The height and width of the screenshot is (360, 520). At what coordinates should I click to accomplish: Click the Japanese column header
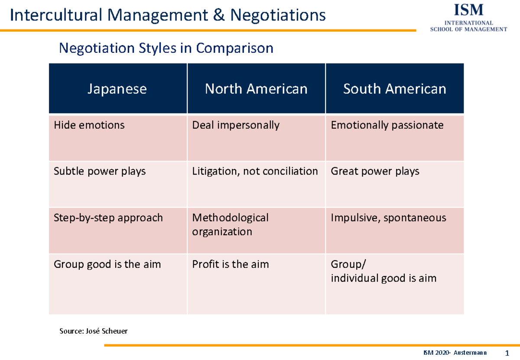pos(117,89)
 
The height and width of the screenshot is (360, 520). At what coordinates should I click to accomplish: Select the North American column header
pos(256,89)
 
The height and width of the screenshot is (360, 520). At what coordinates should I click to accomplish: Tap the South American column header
pos(394,89)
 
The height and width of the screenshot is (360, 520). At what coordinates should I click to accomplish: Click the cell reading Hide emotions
pos(89,125)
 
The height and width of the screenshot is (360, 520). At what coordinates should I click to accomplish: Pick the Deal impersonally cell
pos(236,125)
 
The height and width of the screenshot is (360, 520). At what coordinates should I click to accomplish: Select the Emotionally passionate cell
pos(387,125)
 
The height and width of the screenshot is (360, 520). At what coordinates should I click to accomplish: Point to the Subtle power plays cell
pos(100,171)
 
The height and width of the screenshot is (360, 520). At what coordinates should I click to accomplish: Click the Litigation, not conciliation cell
pos(255,171)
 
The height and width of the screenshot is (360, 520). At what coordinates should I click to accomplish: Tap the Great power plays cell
pos(375,171)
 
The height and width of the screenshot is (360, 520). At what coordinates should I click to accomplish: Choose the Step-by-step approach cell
pos(108,217)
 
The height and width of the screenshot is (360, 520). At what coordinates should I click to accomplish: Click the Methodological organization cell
pos(230,224)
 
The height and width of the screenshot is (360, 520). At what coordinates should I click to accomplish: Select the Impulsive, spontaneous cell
pos(388,217)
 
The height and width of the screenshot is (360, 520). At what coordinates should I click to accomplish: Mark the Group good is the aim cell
pos(107,264)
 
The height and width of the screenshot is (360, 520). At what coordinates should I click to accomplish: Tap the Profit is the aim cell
pos(230,264)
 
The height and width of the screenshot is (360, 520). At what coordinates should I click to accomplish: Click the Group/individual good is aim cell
pos(383,271)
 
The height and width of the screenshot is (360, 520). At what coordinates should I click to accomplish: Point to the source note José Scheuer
pos(94,331)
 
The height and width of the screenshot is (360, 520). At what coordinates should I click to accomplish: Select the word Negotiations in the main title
pos(278,16)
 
